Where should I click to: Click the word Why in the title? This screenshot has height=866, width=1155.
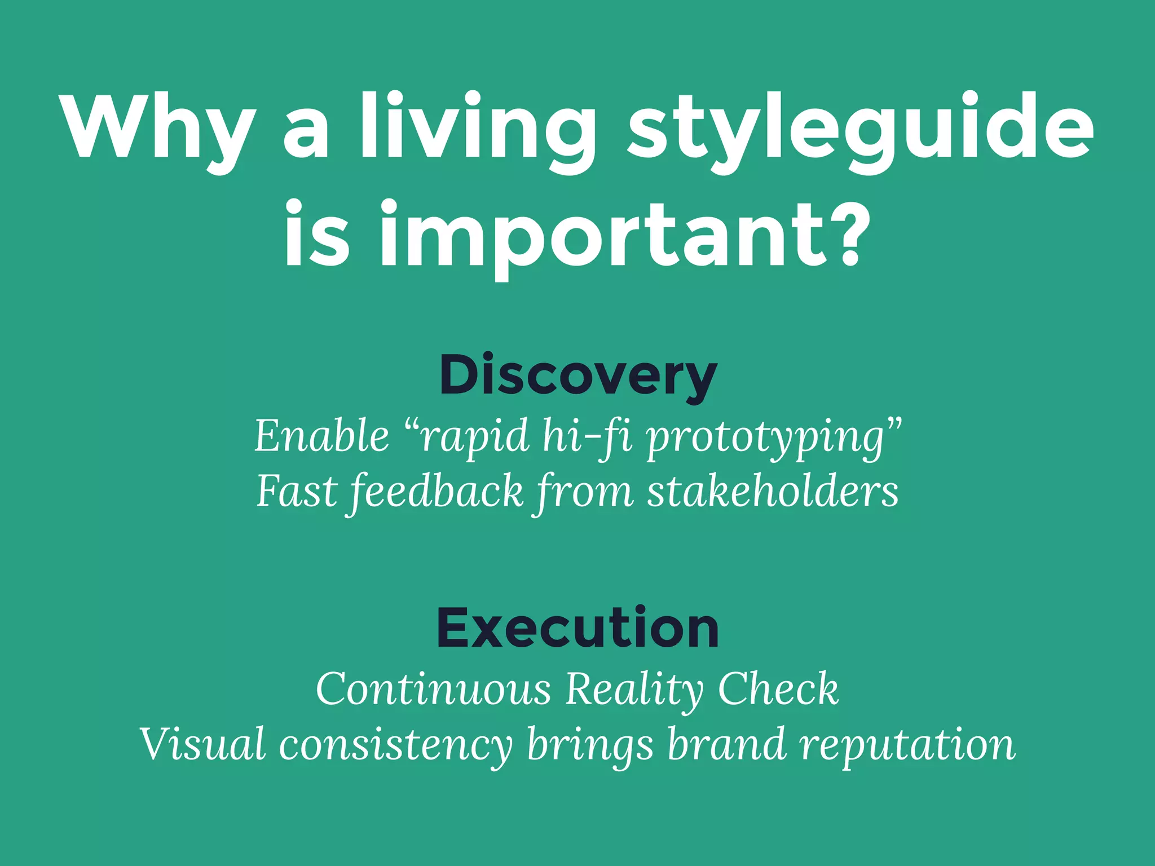tap(158, 127)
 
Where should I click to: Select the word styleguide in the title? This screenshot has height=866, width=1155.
tap(860, 127)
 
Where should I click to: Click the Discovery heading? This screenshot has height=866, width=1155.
tap(577, 375)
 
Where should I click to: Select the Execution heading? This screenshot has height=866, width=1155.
tap(577, 628)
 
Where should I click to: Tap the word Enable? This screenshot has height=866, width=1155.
tap(321, 436)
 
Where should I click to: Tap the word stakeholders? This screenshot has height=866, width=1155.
tap(773, 491)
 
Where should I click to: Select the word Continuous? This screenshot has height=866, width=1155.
tap(433, 688)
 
